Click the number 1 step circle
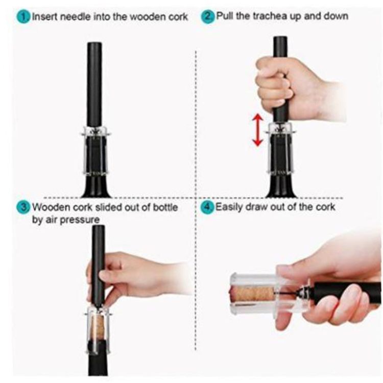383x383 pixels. click(x=23, y=17)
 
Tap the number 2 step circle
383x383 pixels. click(x=208, y=17)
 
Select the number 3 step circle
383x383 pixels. click(x=23, y=207)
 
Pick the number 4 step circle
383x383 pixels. click(x=207, y=207)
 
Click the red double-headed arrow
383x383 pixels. click(x=258, y=130)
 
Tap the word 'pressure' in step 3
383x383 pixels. click(x=80, y=220)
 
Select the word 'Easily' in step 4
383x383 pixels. click(x=229, y=207)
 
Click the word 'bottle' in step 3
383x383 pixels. click(x=165, y=207)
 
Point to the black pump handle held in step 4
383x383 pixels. click(x=347, y=294)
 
